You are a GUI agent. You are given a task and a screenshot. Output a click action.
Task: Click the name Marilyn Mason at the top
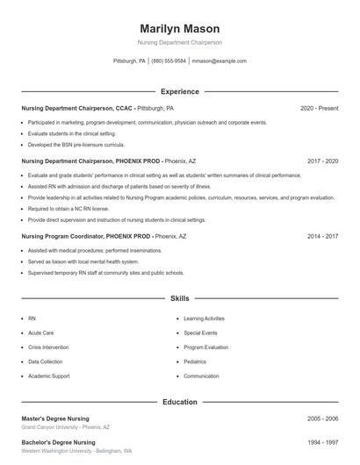pyautogui.click(x=180, y=29)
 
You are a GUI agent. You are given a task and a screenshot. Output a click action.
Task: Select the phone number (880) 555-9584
pyautogui.click(x=169, y=61)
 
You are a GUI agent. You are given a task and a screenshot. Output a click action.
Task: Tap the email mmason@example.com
pyautogui.click(x=219, y=61)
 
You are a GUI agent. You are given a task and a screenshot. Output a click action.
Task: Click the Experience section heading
pyautogui.click(x=180, y=91)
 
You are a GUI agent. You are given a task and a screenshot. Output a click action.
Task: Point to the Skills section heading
pyautogui.click(x=180, y=298)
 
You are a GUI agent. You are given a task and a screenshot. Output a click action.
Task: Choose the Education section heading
pyautogui.click(x=180, y=402)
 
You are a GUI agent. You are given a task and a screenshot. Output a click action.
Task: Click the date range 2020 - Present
pyautogui.click(x=319, y=108)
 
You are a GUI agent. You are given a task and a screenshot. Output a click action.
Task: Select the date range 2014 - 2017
pyautogui.click(x=322, y=236)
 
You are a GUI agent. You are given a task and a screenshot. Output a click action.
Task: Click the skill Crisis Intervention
pyautogui.click(x=50, y=347)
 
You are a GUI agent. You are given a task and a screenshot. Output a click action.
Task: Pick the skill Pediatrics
pyautogui.click(x=195, y=361)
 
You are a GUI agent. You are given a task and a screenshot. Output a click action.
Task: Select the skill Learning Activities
pyautogui.click(x=204, y=318)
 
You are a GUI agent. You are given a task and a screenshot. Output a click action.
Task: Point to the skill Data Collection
pyautogui.click(x=46, y=361)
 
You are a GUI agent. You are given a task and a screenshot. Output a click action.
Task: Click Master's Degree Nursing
pyautogui.click(x=57, y=418)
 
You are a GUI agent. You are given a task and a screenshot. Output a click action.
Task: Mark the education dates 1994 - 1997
pyautogui.click(x=322, y=442)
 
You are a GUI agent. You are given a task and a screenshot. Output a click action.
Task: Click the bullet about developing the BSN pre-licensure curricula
pyautogui.click(x=76, y=144)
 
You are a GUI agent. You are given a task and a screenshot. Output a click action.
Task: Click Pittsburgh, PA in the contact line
pyautogui.click(x=130, y=61)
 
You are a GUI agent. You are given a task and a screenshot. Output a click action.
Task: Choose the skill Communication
pyautogui.click(x=201, y=376)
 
